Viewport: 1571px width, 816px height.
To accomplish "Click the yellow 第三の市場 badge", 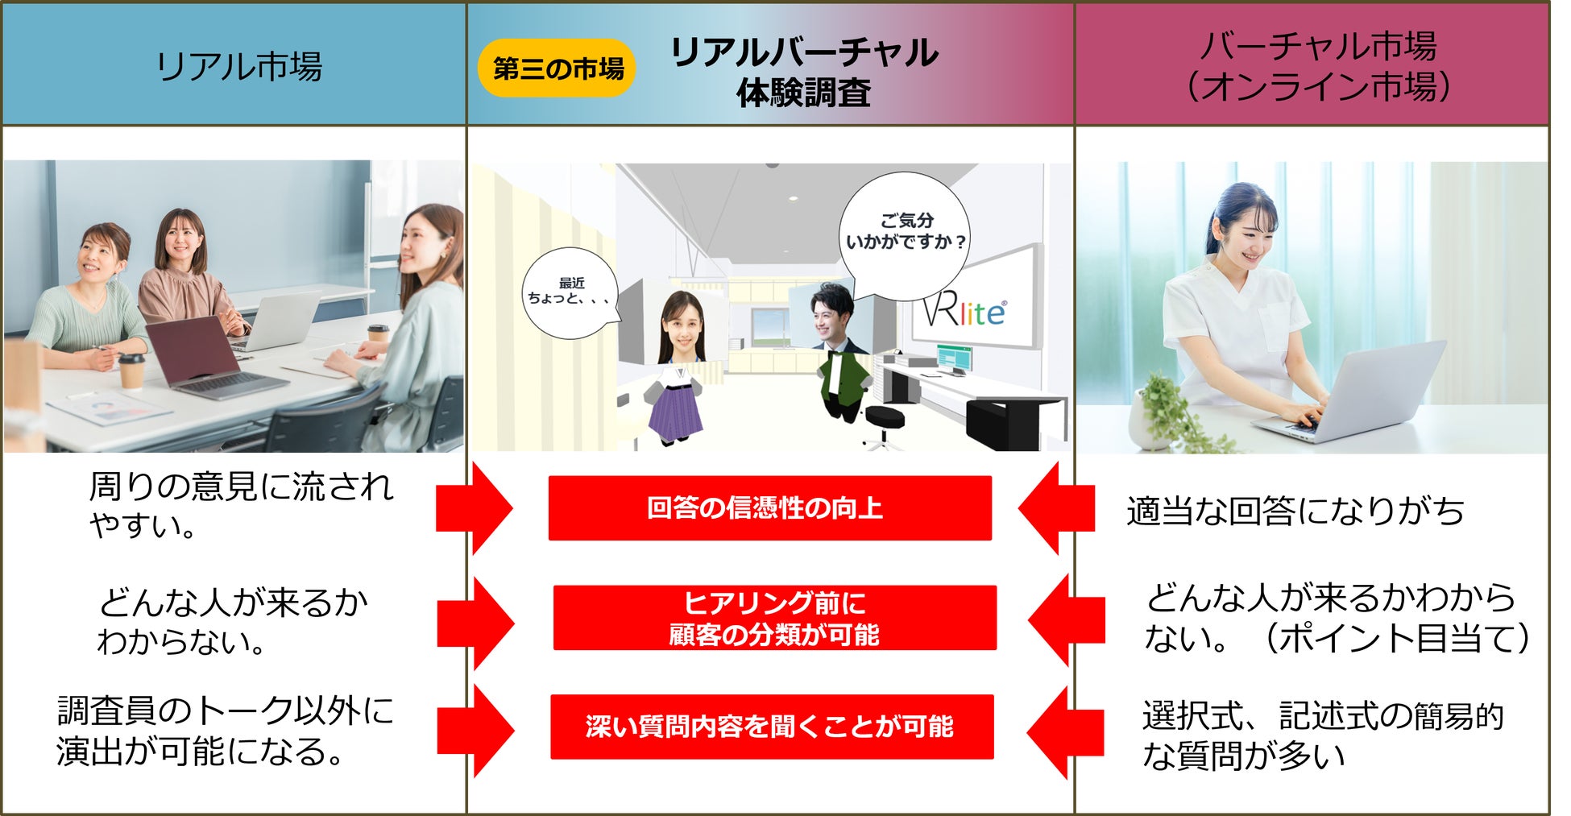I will click(x=558, y=68).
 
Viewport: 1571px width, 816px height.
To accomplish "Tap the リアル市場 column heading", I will click(x=238, y=66).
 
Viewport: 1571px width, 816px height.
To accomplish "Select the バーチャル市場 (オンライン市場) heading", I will click(x=1318, y=66).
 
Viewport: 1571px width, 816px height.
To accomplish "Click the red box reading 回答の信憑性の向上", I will click(x=769, y=508).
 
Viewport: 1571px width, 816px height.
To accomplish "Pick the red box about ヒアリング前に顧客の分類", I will click(x=774, y=618).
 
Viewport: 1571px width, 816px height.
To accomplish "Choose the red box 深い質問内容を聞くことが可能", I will click(x=771, y=727).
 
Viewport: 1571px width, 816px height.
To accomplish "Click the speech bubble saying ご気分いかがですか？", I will click(x=904, y=231).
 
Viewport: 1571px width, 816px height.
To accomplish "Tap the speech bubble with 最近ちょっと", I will click(x=570, y=292).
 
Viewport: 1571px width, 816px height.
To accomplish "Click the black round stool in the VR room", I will click(x=884, y=420).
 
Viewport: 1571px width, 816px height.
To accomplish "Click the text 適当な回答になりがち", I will click(x=1295, y=512).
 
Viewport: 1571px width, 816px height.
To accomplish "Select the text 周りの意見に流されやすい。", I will click(x=240, y=506).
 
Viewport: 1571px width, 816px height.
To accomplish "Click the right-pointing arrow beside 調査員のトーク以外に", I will click(x=475, y=731).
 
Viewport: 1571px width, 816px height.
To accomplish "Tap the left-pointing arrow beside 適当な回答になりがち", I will click(x=1056, y=508).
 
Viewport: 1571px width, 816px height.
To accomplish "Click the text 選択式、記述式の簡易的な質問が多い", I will click(x=1322, y=735).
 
